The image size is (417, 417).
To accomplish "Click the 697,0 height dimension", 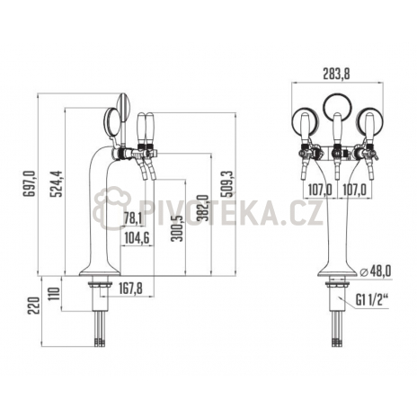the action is (29, 183).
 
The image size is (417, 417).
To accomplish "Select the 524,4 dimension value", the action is (56, 183).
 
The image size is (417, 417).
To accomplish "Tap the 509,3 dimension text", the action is (226, 183).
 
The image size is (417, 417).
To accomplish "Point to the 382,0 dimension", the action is (202, 208).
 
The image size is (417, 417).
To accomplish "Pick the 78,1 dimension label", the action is (133, 218).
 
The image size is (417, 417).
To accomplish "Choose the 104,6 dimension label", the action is (137, 238).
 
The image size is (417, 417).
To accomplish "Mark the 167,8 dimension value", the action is (130, 288).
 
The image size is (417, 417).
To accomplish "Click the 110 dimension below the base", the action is (55, 295).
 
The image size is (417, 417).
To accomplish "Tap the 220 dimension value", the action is (34, 306).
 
